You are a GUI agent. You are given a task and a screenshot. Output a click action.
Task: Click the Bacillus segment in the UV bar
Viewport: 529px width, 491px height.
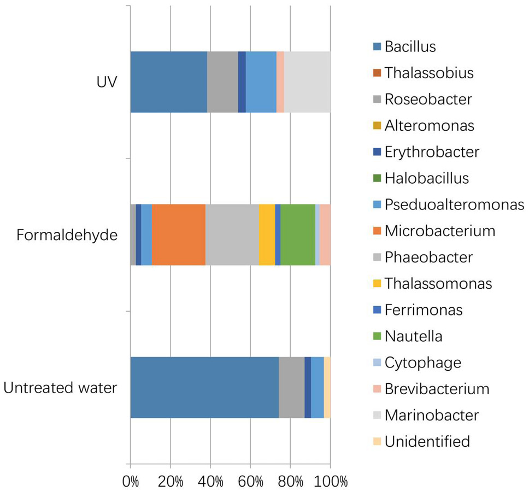[169, 82]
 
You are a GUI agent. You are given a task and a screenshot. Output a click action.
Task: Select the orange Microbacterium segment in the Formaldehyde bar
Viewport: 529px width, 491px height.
[179, 235]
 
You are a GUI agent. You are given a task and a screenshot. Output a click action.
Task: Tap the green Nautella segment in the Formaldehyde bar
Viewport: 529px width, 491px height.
[298, 235]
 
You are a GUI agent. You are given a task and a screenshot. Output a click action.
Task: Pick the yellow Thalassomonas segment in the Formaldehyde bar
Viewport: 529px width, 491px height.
[267, 235]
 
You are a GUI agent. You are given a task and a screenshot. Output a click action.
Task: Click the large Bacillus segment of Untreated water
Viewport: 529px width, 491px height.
[205, 388]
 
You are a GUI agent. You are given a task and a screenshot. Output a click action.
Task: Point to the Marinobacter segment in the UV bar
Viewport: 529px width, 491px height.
[307, 82]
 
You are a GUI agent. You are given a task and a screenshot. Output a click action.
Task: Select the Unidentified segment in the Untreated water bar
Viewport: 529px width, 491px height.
[327, 388]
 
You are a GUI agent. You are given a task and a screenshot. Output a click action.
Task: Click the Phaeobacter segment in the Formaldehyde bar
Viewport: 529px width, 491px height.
[232, 235]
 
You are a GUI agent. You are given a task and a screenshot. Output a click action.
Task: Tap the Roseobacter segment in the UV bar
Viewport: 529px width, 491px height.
[222, 82]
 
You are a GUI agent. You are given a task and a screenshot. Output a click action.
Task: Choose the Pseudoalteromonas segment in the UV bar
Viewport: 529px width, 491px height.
[261, 82]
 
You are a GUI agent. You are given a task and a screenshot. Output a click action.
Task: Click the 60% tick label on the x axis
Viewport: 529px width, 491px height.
[250, 481]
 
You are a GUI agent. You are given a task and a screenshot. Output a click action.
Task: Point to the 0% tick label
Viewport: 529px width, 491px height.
[131, 481]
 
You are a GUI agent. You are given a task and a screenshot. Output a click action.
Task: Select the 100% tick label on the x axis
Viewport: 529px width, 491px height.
[331, 481]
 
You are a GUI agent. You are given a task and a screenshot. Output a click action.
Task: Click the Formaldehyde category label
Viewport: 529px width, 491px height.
[67, 235]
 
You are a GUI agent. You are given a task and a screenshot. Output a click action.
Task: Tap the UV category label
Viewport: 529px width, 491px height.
[107, 82]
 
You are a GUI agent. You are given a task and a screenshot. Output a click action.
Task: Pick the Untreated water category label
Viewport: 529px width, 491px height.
[60, 388]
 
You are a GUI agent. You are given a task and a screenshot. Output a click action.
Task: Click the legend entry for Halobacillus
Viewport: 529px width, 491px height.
[421, 178]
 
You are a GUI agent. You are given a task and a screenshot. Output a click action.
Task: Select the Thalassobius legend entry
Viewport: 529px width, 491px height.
[424, 73]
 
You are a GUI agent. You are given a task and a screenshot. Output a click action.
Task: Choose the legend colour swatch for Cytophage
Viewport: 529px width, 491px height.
[377, 363]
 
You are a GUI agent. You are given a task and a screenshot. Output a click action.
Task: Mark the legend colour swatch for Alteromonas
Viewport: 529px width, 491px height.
[377, 126]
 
